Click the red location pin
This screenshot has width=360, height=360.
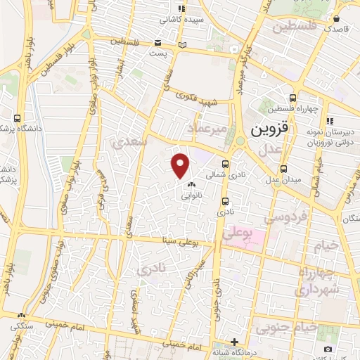pyautogui.click(x=181, y=165)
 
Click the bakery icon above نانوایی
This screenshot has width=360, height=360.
pyautogui.click(x=191, y=185)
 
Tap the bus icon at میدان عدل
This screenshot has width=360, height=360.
pyautogui.click(x=283, y=169)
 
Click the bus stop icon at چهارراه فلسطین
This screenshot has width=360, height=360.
pyautogui.click(x=292, y=98)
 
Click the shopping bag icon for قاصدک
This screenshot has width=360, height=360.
pyautogui.click(x=336, y=20)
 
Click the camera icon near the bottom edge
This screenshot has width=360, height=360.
pyautogui.click(x=328, y=349)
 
